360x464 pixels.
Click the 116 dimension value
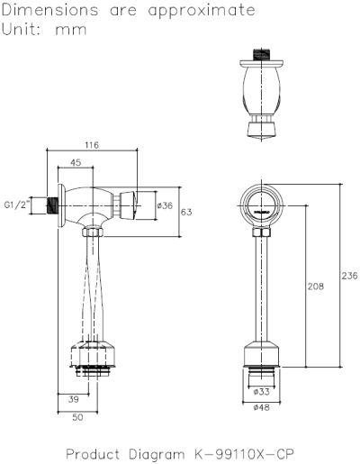tap(92, 145)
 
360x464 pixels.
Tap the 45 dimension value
tap(76, 162)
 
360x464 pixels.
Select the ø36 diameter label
tap(165, 205)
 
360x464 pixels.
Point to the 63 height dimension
tap(186, 212)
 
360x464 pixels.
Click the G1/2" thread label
tap(17, 205)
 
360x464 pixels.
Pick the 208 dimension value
tap(316, 287)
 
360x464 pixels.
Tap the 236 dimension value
tap(349, 276)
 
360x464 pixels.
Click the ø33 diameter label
tap(261, 392)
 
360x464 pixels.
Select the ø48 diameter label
tap(261, 407)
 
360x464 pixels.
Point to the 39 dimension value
tap(74, 399)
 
